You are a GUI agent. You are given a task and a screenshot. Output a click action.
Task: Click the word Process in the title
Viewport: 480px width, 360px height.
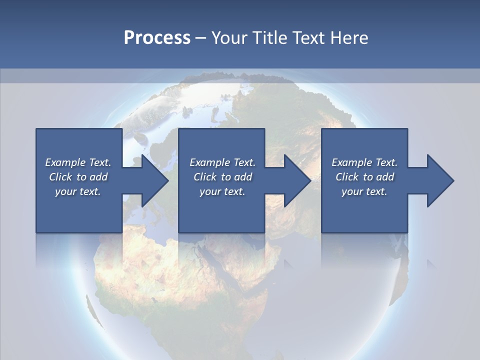click(x=157, y=37)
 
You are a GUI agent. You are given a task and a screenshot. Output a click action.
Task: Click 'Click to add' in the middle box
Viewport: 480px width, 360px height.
click(x=222, y=177)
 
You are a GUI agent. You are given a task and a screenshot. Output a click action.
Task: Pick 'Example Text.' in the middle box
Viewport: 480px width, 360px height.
click(x=222, y=162)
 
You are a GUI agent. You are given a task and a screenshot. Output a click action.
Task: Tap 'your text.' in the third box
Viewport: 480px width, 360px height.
click(x=364, y=191)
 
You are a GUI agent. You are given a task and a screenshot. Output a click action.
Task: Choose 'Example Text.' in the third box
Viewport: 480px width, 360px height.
click(x=364, y=162)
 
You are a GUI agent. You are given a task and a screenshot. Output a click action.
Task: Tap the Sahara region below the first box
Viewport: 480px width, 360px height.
click(x=135, y=255)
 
